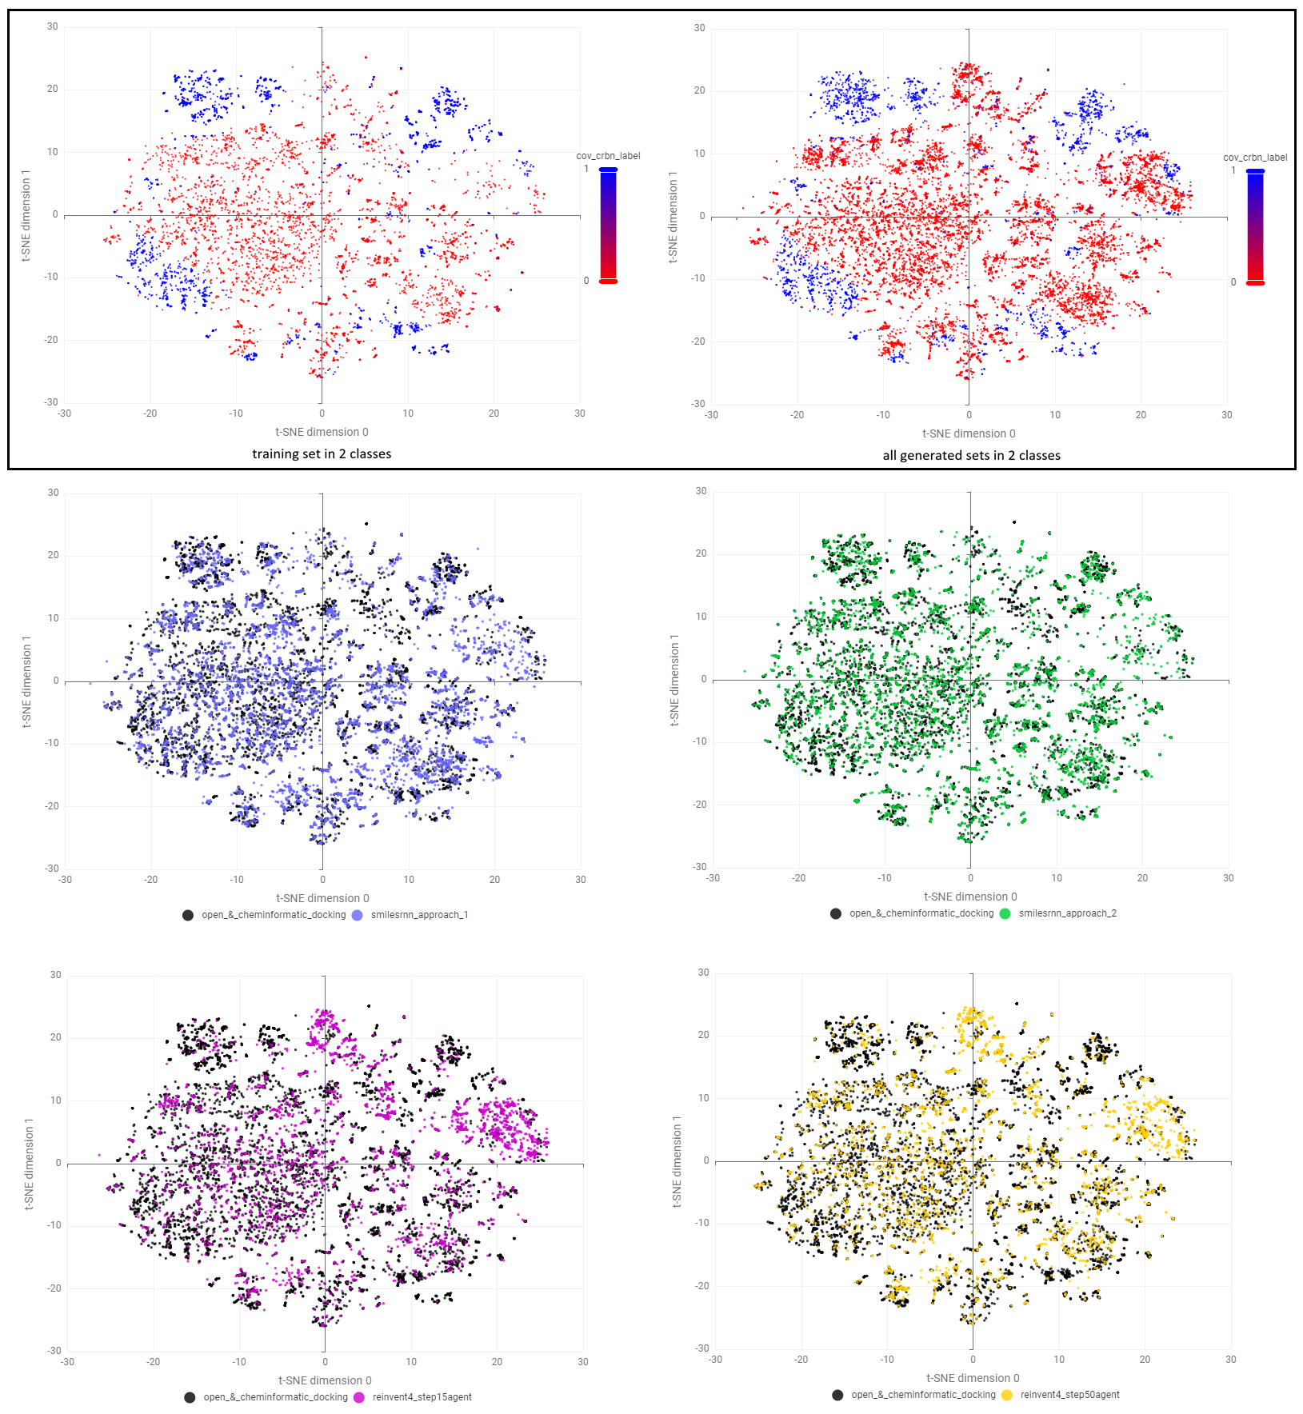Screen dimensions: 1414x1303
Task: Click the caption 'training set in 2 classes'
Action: coord(322,454)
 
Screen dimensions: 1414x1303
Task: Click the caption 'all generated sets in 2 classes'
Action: coord(971,456)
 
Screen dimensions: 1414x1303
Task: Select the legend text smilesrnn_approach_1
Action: coord(419,915)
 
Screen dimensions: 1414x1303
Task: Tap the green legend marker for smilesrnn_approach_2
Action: coord(1005,913)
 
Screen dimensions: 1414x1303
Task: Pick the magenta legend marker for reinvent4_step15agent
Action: coord(359,1397)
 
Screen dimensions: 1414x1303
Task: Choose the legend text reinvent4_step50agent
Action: coord(1069,1395)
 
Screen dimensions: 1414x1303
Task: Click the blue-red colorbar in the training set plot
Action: coord(608,225)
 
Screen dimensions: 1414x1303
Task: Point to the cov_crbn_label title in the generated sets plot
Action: coord(1255,158)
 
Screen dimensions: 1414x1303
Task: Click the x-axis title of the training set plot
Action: coord(322,432)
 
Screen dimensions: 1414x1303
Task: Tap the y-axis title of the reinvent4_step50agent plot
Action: coord(677,1161)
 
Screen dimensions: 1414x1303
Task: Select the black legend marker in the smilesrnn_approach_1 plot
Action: coord(188,915)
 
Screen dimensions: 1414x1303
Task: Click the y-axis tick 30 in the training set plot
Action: coord(53,26)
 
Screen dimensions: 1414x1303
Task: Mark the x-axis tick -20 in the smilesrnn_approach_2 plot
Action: coord(798,878)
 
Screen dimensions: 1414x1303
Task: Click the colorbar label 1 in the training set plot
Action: coord(586,169)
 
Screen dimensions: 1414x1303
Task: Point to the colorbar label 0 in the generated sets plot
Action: coord(1233,282)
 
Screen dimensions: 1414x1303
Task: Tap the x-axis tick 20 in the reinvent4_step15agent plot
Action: coord(497,1361)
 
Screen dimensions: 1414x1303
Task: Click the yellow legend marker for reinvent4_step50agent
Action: coord(1006,1395)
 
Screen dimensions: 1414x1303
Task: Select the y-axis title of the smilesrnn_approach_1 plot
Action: coord(26,681)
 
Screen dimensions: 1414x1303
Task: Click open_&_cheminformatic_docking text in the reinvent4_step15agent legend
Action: coord(275,1397)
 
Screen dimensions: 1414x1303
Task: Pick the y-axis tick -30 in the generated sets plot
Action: coord(699,404)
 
